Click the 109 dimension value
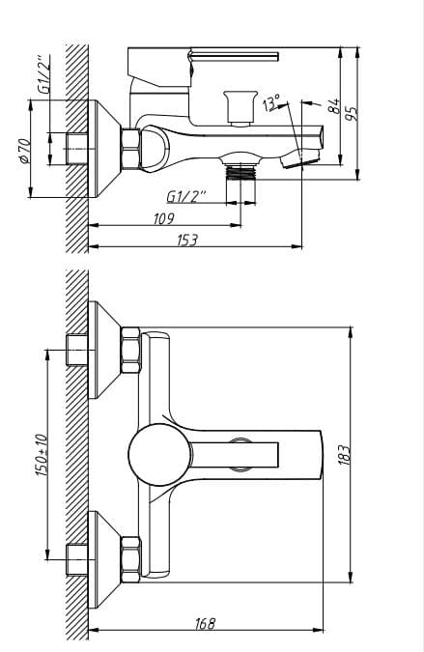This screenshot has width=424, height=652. (x=164, y=218)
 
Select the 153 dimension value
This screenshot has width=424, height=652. (x=187, y=240)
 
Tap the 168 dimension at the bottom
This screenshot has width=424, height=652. (x=204, y=625)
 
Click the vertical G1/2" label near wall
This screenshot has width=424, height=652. (x=43, y=72)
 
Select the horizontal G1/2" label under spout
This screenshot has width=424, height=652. (x=186, y=197)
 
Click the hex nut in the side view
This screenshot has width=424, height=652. (x=128, y=148)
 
